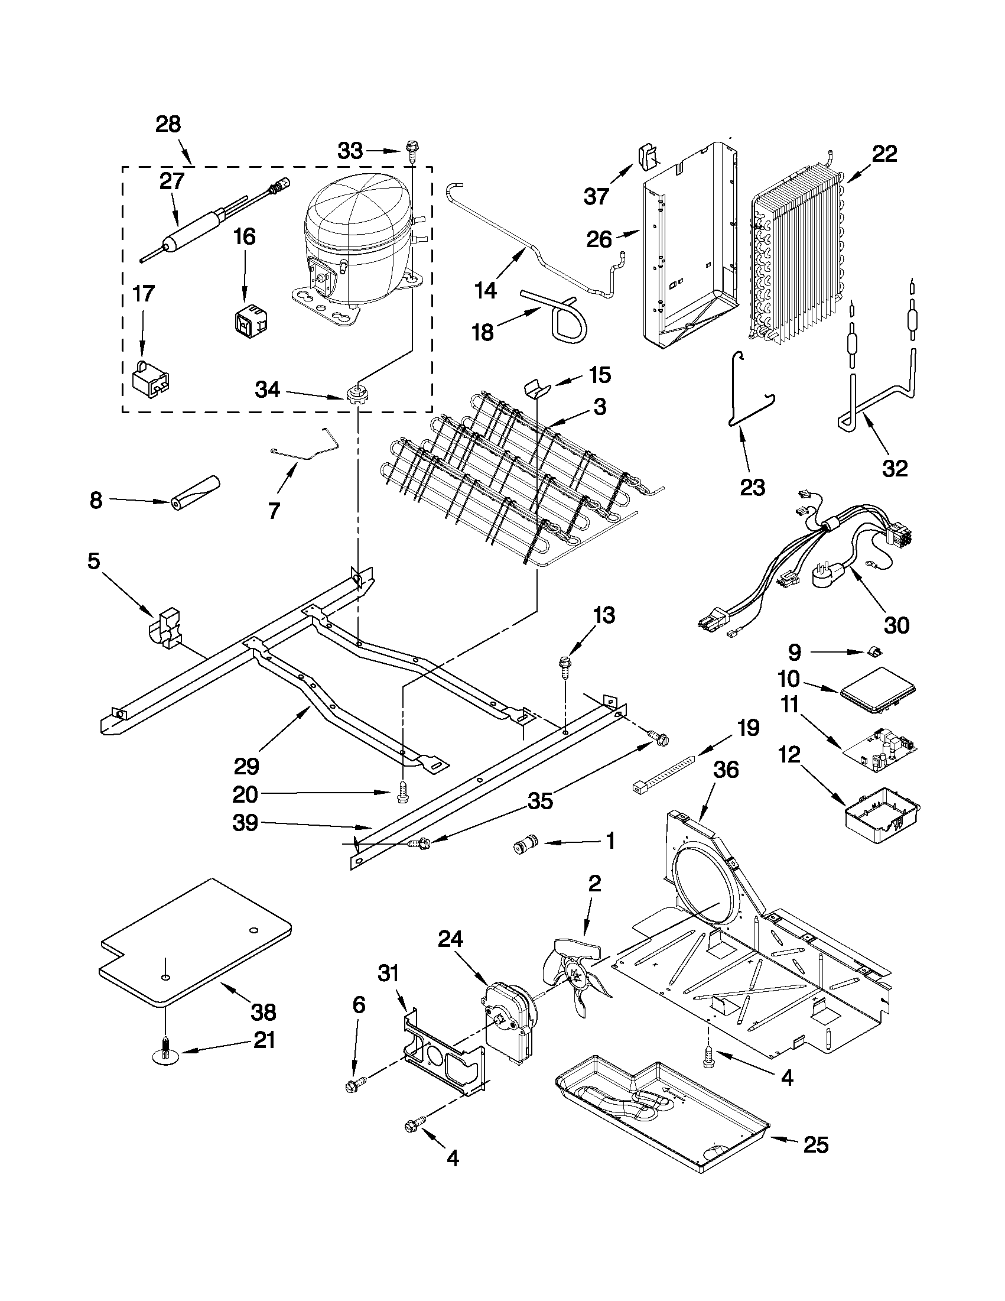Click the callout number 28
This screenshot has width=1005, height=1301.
tap(168, 125)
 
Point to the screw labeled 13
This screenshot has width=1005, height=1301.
tap(564, 665)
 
